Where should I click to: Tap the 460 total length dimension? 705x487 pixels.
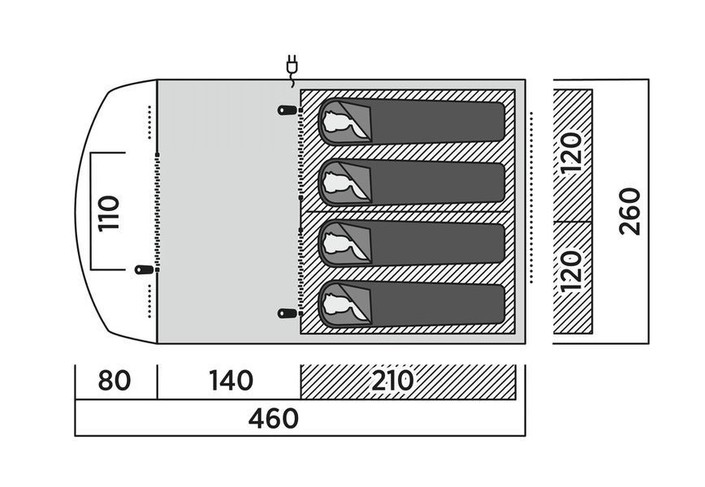274,418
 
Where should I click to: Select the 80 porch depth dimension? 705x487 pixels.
115,381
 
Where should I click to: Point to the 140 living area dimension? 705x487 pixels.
231,381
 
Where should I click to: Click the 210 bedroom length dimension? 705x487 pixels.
392,381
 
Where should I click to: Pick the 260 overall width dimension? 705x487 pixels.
630,211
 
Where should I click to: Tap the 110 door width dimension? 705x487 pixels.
109,213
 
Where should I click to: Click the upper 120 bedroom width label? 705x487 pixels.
571,153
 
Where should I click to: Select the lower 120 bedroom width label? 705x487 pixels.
571,271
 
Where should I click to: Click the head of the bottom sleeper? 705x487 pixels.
338,304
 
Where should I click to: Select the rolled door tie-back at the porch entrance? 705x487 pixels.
144,270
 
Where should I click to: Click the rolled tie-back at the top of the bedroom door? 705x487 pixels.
287,110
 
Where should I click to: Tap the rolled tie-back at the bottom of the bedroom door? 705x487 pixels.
287,313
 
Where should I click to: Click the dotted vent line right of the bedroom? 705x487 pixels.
531,198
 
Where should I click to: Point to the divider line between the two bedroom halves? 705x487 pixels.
408,211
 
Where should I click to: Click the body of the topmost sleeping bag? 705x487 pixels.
436,122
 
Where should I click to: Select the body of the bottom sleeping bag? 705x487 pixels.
436,304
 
